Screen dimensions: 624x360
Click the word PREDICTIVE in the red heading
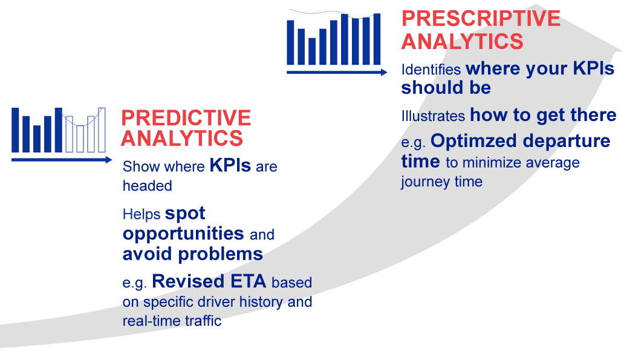click(x=186, y=118)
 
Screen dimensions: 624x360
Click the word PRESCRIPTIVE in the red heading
click(x=481, y=18)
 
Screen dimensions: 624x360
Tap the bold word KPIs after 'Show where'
click(x=230, y=165)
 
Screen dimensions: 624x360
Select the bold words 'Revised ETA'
click(x=209, y=281)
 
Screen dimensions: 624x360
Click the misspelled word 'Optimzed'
click(x=473, y=141)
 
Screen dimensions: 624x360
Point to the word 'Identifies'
click(x=431, y=70)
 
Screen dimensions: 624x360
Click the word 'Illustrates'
click(x=433, y=116)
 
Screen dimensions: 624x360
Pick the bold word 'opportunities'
click(x=183, y=234)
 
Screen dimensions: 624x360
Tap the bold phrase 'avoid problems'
click(x=193, y=254)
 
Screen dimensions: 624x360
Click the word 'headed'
click(x=148, y=186)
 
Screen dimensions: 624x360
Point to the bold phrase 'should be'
click(x=446, y=88)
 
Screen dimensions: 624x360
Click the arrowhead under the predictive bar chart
click(x=109, y=160)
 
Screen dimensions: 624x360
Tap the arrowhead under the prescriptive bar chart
click(x=384, y=72)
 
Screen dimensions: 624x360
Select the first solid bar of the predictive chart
click(x=15, y=130)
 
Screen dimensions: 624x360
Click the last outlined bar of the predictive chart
click(x=102, y=130)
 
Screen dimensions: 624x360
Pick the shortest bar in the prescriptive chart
click(x=312, y=51)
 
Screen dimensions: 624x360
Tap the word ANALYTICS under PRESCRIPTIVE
click(x=463, y=41)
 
